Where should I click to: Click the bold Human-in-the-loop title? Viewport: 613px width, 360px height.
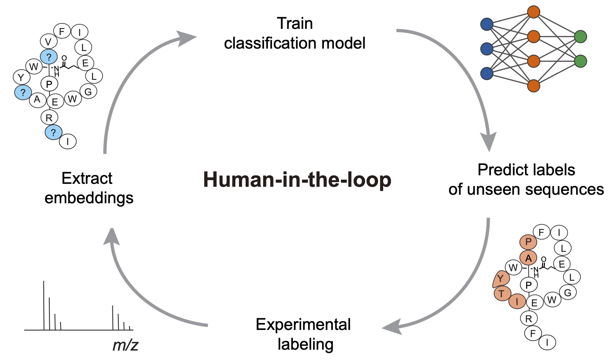click(x=297, y=180)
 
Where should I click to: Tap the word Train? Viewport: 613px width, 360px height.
click(x=295, y=24)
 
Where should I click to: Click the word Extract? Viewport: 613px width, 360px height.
click(x=87, y=178)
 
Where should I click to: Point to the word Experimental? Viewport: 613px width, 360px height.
click(x=303, y=324)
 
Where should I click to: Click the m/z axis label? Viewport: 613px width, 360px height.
click(x=125, y=345)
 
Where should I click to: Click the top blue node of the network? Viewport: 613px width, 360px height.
click(x=487, y=24)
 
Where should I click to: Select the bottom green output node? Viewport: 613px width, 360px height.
click(x=581, y=61)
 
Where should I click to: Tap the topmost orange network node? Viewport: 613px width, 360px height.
click(x=534, y=12)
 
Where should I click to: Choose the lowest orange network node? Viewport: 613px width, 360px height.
click(x=534, y=86)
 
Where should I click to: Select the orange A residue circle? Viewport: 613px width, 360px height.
click(x=528, y=258)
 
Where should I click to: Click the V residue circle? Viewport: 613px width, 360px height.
click(x=48, y=42)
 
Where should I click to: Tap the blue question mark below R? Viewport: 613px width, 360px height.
click(x=53, y=132)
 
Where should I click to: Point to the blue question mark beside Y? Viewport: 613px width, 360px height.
click(x=23, y=93)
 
